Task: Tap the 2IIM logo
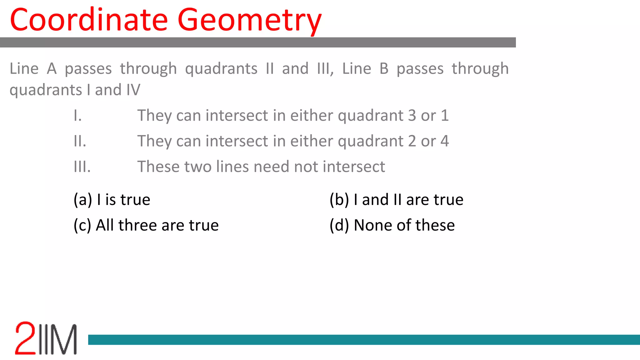click(x=46, y=338)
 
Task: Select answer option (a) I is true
click(x=112, y=200)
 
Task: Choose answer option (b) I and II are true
click(x=396, y=200)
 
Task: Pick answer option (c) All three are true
click(x=146, y=225)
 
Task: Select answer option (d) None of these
click(x=392, y=225)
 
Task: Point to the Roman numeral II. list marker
click(x=80, y=141)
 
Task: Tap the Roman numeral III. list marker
click(x=82, y=167)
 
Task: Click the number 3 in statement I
click(x=412, y=116)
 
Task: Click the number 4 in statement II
click(x=445, y=141)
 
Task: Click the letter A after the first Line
click(x=52, y=69)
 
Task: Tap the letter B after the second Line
click(x=384, y=69)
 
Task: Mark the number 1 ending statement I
click(x=445, y=116)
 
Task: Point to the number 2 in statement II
click(x=412, y=141)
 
